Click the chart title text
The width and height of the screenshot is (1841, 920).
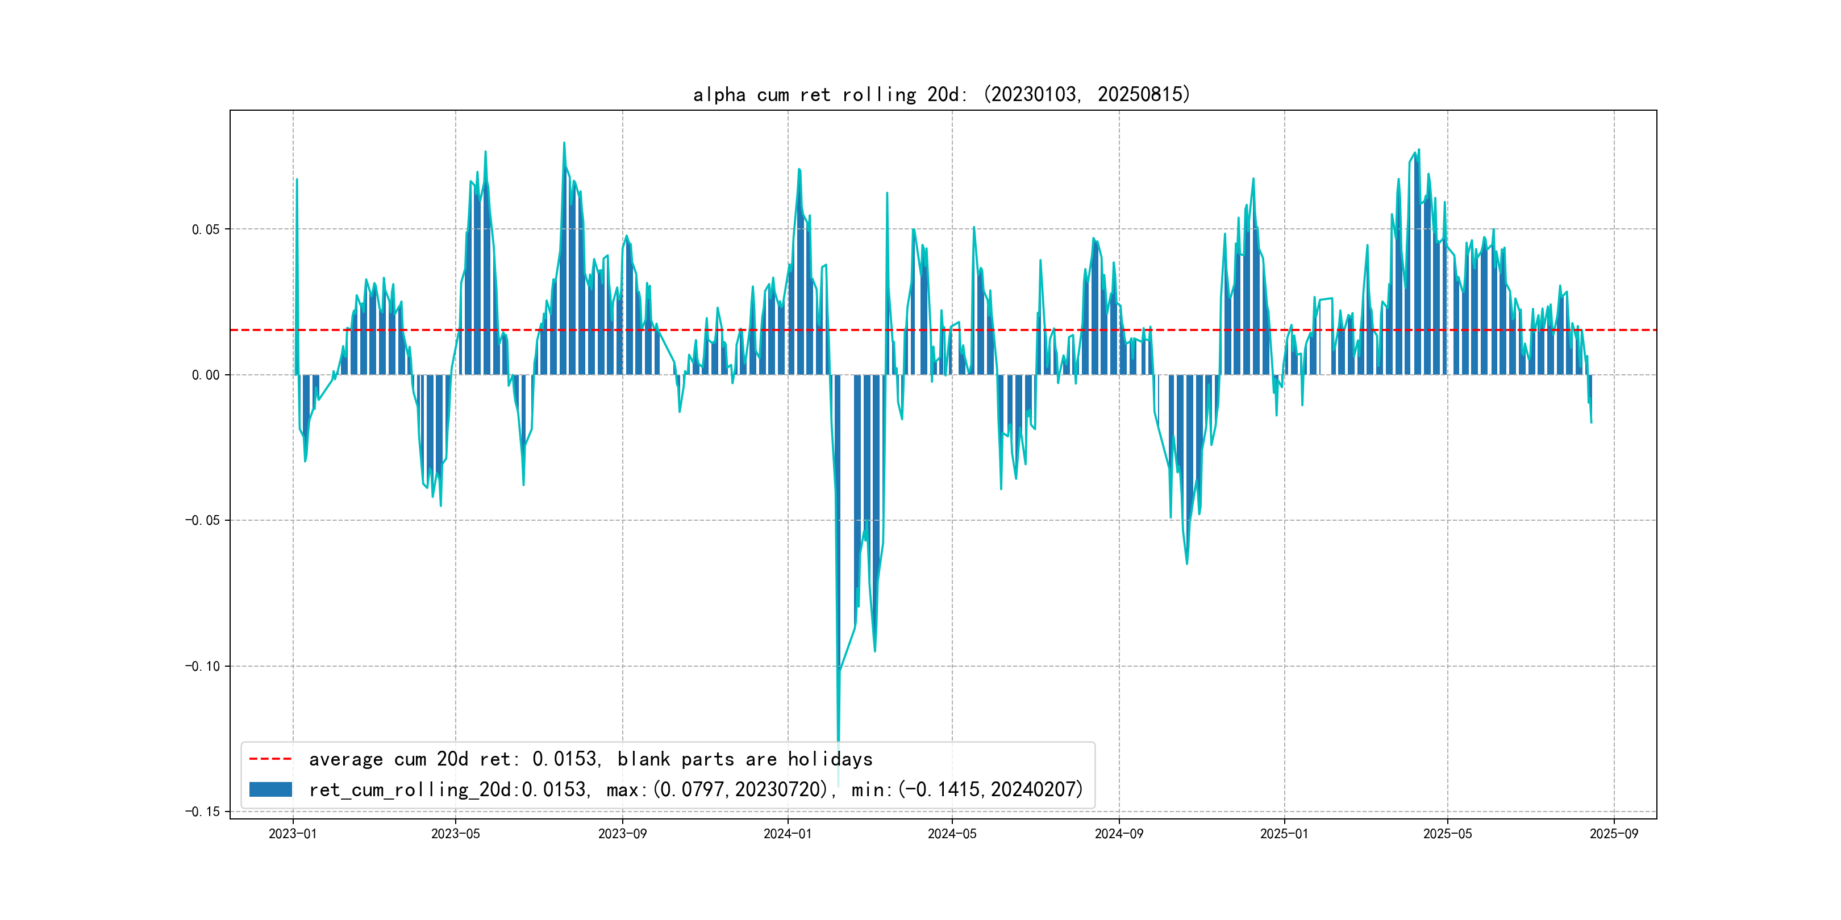pos(941,94)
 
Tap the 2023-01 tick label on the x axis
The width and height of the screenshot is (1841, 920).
pos(292,834)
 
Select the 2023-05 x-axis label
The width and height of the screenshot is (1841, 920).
pos(455,834)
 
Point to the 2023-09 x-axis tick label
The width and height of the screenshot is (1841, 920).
pos(622,834)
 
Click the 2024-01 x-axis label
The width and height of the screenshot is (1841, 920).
pos(788,834)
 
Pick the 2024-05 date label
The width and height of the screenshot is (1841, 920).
pos(952,834)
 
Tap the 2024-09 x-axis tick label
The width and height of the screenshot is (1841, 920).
pos(1118,834)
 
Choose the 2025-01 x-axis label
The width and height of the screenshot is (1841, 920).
pos(1284,834)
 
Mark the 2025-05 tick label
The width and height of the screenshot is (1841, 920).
pos(1447,834)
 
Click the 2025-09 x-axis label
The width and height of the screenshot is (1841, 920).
pos(1614,834)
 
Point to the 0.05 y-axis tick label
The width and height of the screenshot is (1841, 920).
pos(206,229)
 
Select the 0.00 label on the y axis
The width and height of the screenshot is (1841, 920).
pos(206,375)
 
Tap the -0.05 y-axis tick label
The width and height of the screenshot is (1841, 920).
pos(202,520)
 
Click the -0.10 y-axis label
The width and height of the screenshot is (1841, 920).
pos(202,666)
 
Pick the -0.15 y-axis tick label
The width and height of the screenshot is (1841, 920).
pos(202,812)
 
